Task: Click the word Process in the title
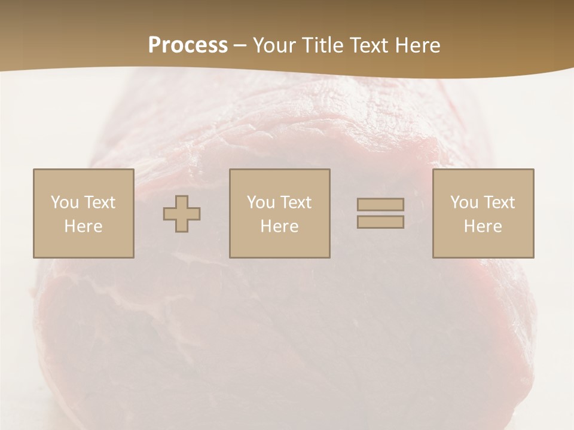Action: (188, 45)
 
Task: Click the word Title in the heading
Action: (321, 45)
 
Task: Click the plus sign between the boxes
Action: (182, 214)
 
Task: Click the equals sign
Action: (380, 213)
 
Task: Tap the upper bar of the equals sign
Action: (380, 205)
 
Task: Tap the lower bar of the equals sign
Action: (380, 222)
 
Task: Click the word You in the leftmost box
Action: (65, 202)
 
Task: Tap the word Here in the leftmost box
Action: (83, 226)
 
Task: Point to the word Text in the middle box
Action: (296, 202)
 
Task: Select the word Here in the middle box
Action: (279, 226)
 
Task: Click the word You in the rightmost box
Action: (464, 202)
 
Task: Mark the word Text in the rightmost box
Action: (499, 202)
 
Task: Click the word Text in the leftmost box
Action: (100, 202)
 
